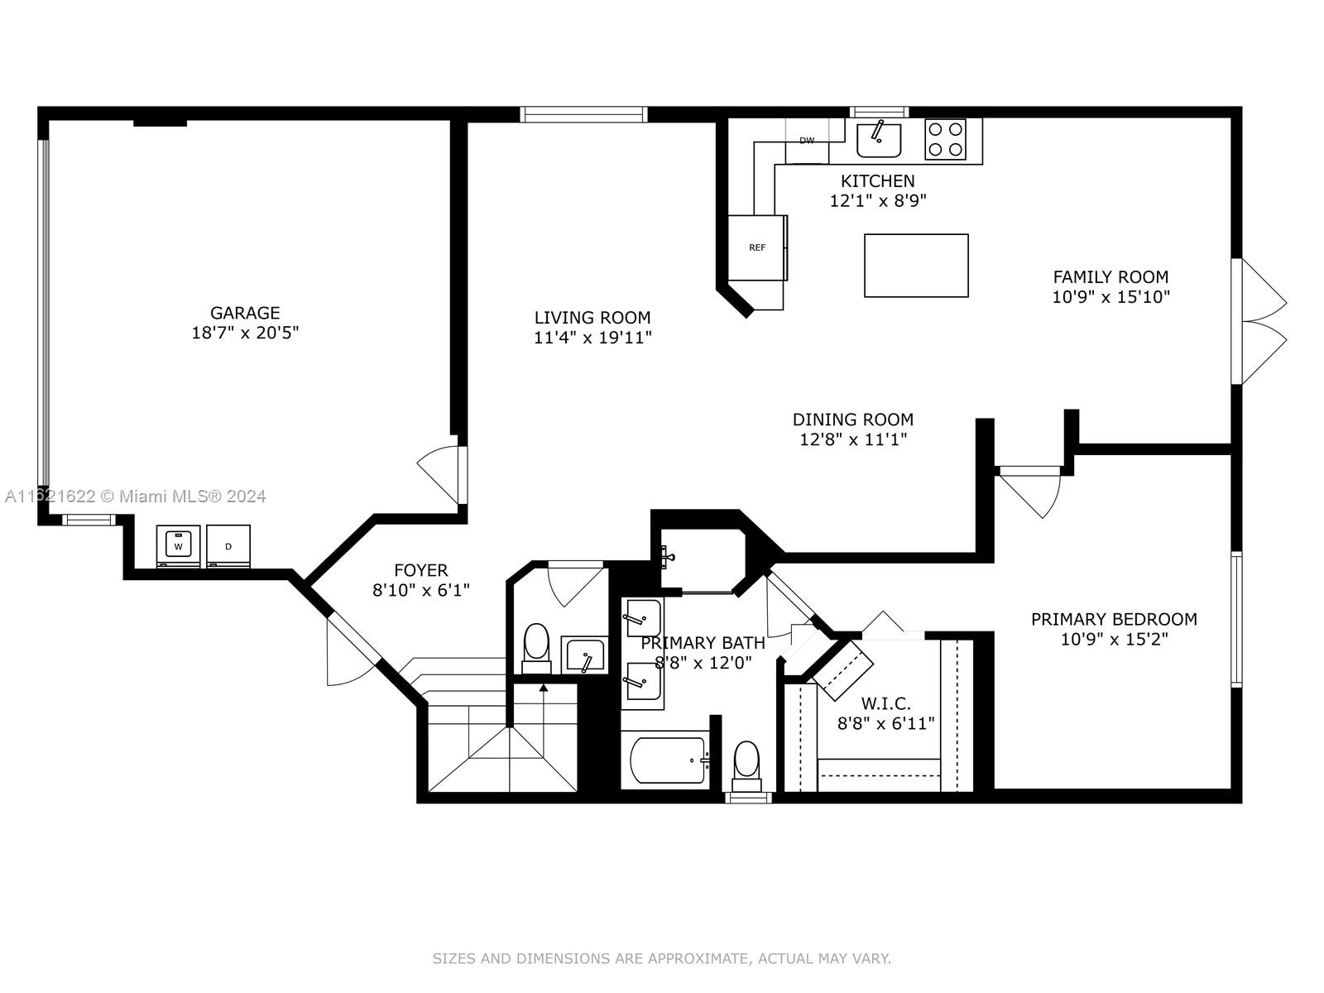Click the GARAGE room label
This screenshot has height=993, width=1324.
[x=245, y=313]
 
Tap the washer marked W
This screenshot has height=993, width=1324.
[x=178, y=546]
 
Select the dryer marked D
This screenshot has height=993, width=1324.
[x=228, y=546]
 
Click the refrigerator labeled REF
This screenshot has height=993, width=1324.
[x=757, y=247]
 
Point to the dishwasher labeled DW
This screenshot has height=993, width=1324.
[x=807, y=141]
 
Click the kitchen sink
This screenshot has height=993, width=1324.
[x=879, y=141]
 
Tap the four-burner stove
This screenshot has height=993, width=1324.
[x=945, y=139]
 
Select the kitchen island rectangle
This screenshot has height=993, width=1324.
[x=916, y=266]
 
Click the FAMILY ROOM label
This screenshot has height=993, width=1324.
[x=1111, y=276]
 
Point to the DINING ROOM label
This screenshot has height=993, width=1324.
[x=853, y=419]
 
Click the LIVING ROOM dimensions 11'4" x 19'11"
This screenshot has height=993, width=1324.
[x=592, y=337]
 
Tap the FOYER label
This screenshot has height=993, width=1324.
[x=421, y=570]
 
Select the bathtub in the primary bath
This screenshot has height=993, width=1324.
[x=669, y=760]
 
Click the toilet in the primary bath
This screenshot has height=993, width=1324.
[x=746, y=766]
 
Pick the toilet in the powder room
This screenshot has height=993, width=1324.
[x=536, y=648]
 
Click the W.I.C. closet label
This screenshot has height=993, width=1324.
[x=885, y=703]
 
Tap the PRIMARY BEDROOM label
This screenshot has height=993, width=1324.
[x=1114, y=619]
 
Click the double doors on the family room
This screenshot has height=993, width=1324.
[x=1258, y=321]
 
